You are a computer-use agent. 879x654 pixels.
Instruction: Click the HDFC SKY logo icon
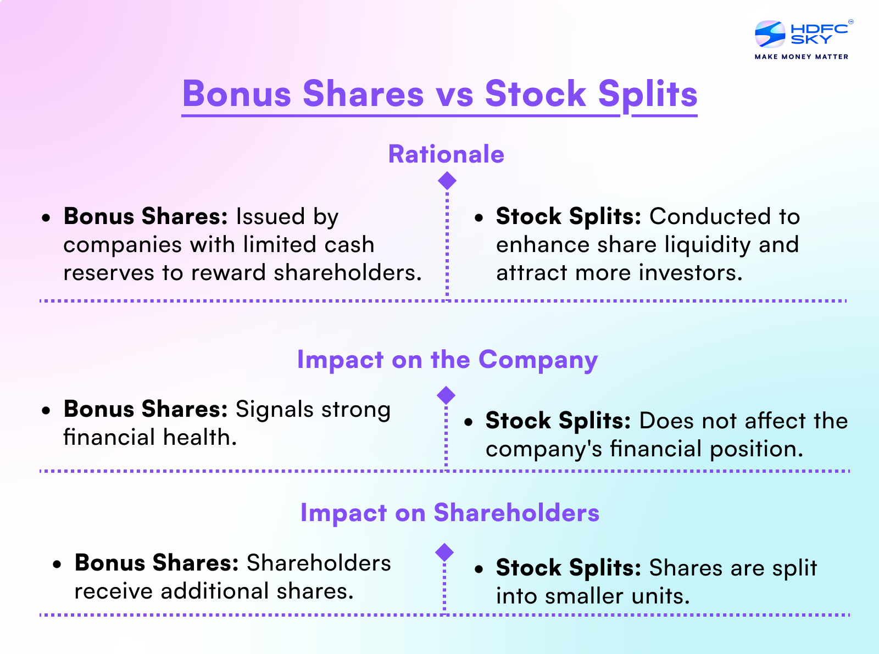[770, 34]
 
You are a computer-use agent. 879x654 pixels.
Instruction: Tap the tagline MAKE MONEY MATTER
[801, 57]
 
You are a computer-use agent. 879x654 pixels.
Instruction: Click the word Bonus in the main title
[237, 94]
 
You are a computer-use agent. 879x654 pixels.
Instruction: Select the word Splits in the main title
[647, 94]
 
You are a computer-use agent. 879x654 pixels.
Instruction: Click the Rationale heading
[446, 154]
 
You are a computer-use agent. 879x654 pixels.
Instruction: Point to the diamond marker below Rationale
[447, 181]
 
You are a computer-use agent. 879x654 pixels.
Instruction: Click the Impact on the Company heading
[447, 360]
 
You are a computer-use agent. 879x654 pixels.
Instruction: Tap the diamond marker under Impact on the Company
[446, 395]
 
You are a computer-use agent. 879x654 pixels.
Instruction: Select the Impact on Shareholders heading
[449, 513]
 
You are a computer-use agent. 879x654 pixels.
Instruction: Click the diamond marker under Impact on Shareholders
[444, 552]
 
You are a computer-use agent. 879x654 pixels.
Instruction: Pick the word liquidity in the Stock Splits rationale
[708, 245]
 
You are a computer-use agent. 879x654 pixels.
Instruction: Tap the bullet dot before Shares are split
[480, 569]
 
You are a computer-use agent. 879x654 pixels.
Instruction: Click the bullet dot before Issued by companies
[47, 218]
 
